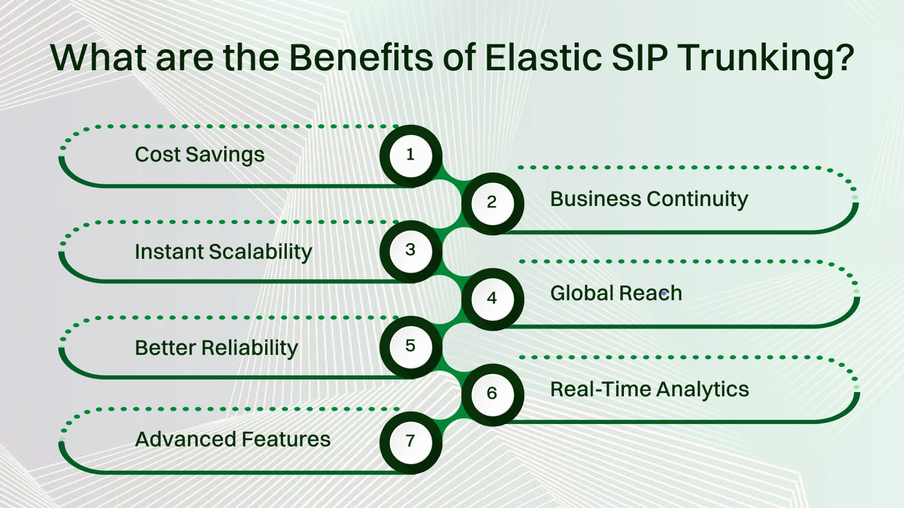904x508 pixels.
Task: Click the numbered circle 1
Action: (x=411, y=156)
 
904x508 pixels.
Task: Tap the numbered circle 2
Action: (x=492, y=203)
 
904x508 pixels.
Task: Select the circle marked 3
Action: (x=411, y=250)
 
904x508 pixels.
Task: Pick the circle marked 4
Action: (x=492, y=298)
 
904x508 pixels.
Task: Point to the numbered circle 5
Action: (x=411, y=346)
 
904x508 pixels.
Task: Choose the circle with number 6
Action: (x=492, y=394)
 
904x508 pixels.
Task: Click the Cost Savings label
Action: (x=200, y=155)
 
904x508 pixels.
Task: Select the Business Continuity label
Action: (x=649, y=199)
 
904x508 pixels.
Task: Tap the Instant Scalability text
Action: (x=223, y=252)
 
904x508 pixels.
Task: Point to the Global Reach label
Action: (x=616, y=294)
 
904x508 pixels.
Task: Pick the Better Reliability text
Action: (x=216, y=348)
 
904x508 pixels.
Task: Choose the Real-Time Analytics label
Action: (x=649, y=390)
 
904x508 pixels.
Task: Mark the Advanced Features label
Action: (x=233, y=440)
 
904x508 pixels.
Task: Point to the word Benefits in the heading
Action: (x=361, y=58)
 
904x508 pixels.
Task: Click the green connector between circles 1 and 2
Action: (x=451, y=178)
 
